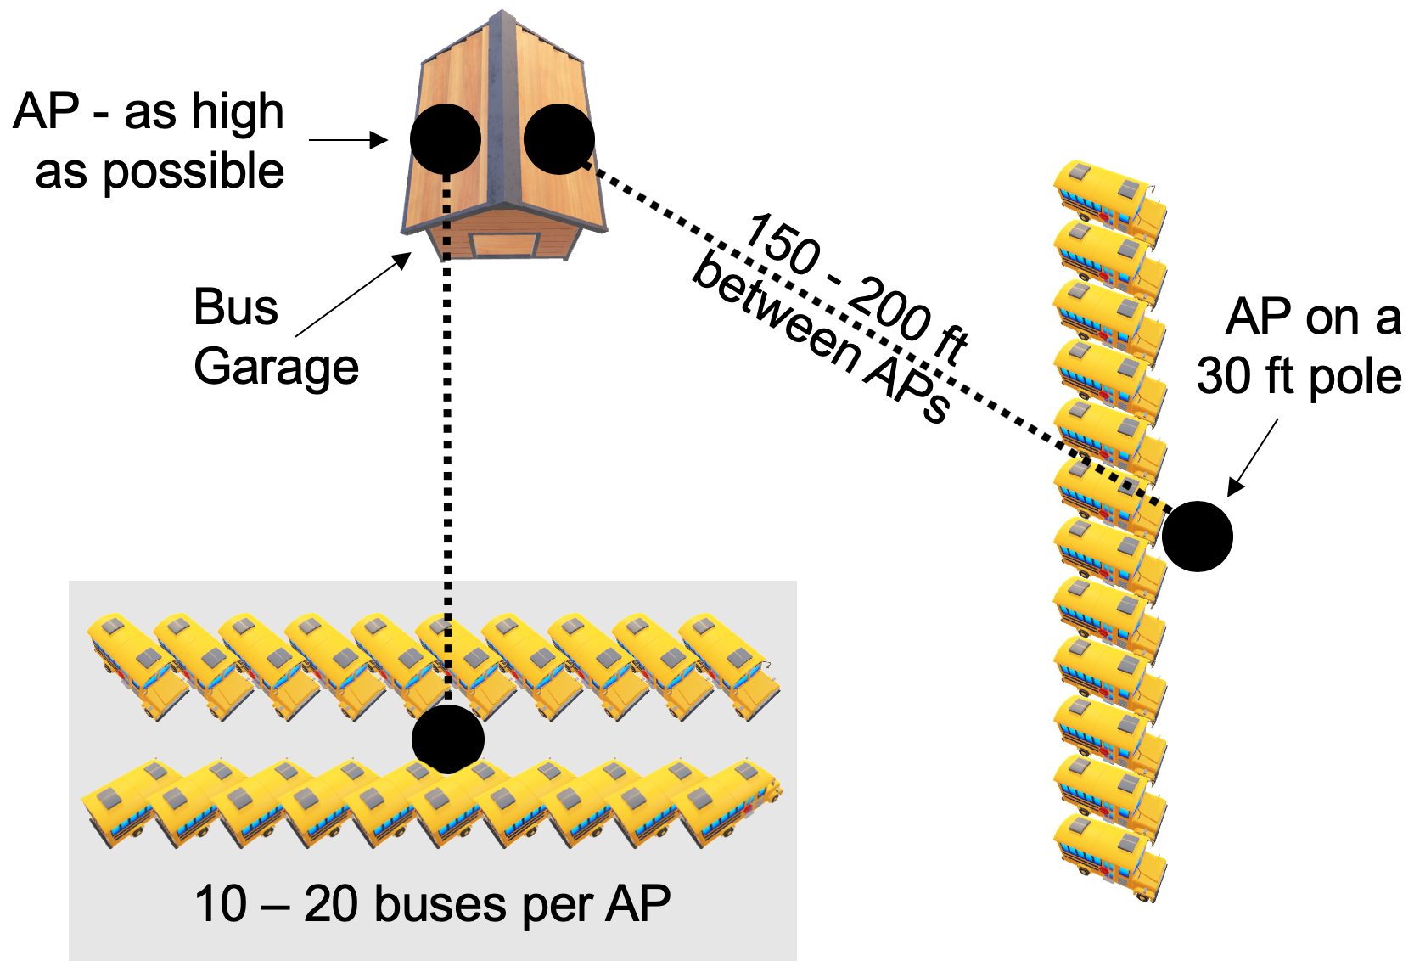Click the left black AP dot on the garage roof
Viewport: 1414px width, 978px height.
click(446, 139)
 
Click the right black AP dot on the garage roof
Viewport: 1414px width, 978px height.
click(559, 139)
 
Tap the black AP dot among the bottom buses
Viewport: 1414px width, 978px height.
click(448, 739)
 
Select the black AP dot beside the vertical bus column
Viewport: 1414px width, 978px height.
click(1197, 536)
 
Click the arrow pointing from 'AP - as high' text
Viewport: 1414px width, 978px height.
click(348, 140)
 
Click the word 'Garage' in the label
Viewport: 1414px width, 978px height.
click(276, 367)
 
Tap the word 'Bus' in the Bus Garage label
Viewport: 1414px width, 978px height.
click(235, 306)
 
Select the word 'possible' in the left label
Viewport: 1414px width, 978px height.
click(194, 172)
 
